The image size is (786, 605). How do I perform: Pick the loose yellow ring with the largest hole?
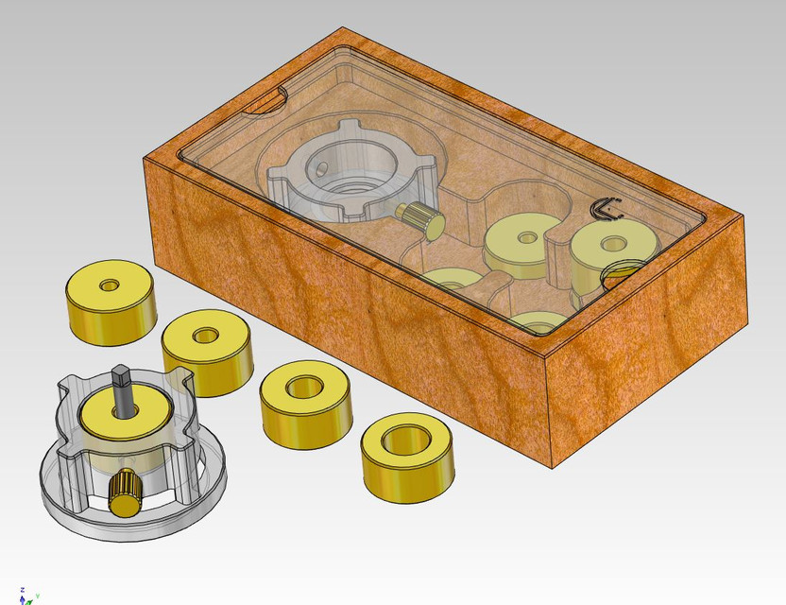pyautogui.click(x=407, y=459)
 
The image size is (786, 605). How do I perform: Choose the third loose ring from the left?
pyautogui.click(x=305, y=405)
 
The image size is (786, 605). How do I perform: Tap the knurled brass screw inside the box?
pyautogui.click(x=420, y=218)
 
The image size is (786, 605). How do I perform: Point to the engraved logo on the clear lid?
pyautogui.click(x=605, y=209)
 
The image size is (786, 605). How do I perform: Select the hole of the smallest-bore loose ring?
pyautogui.click(x=110, y=285)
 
